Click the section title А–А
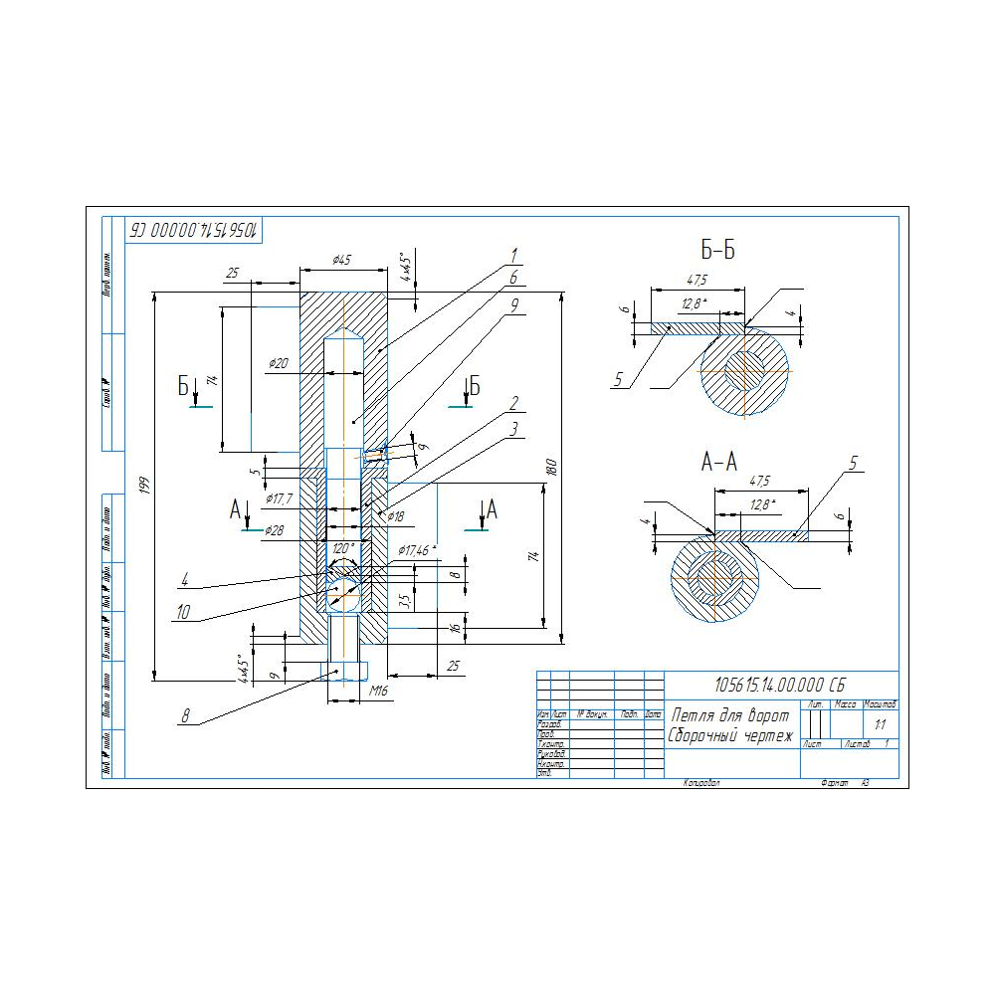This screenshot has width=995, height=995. click(719, 462)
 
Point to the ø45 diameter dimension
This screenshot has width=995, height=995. click(340, 261)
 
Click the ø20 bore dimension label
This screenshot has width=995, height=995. click(279, 365)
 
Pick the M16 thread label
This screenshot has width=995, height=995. click(379, 690)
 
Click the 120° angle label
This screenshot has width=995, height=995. click(343, 548)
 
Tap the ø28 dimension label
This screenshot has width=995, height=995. click(275, 531)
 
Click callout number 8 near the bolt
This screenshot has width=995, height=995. click(185, 713)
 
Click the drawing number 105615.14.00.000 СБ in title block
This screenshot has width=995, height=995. click(780, 685)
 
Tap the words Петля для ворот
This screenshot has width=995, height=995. click(730, 716)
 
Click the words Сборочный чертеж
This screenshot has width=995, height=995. click(731, 736)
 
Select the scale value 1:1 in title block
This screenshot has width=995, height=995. click(880, 724)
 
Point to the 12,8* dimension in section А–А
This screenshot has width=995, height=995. click(762, 504)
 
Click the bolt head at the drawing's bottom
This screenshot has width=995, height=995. click(341, 670)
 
